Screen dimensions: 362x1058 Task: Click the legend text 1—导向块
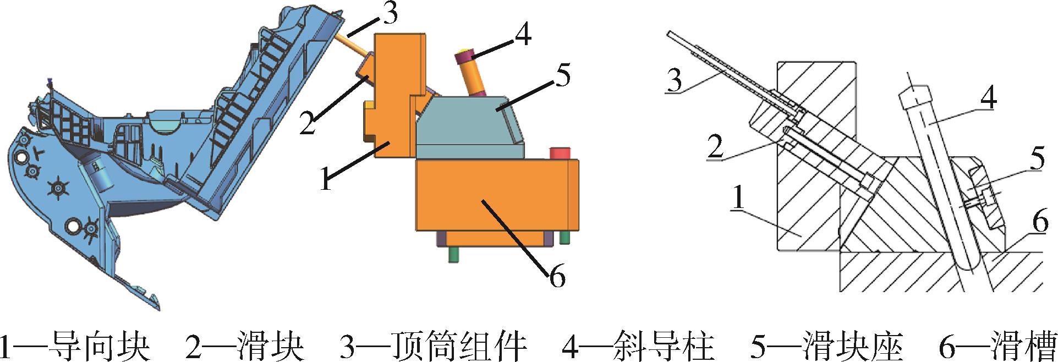75,345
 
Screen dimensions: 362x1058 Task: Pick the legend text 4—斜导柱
638,345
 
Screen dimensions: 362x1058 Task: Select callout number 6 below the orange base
557,276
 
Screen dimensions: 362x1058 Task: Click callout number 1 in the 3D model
326,180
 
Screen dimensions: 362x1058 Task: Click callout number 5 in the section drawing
1037,158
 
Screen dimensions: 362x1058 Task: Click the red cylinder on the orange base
560,152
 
